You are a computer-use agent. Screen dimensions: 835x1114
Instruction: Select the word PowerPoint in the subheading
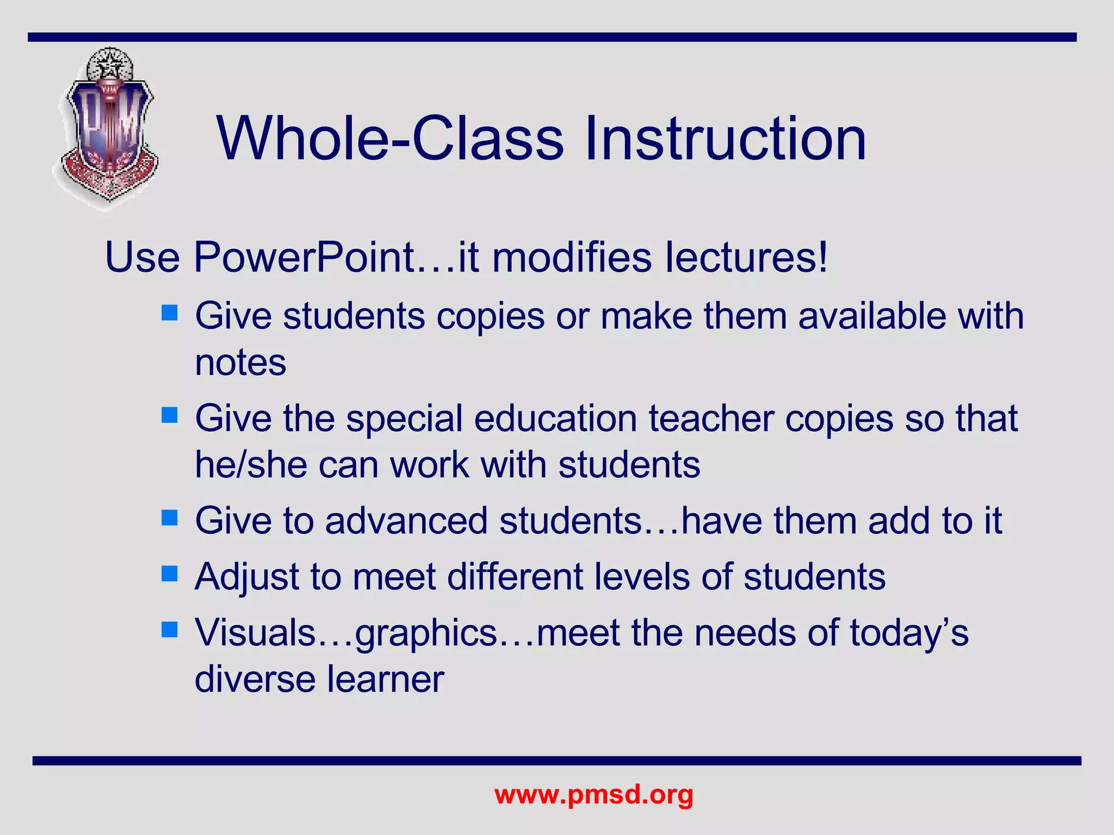click(x=305, y=258)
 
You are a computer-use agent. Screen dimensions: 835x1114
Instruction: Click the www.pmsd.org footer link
click(x=593, y=795)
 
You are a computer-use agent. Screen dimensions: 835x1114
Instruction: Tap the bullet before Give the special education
click(x=170, y=415)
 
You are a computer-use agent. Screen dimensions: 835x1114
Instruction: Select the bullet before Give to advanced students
click(x=170, y=518)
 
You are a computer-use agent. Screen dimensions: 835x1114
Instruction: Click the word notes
click(x=240, y=363)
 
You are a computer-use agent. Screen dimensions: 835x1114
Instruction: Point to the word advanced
click(x=406, y=521)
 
